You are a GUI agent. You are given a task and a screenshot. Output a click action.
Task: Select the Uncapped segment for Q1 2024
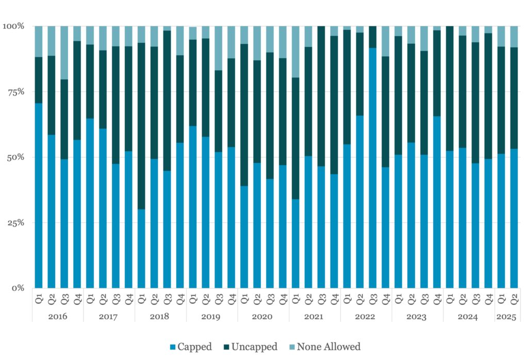pyautogui.click(x=450, y=88)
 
